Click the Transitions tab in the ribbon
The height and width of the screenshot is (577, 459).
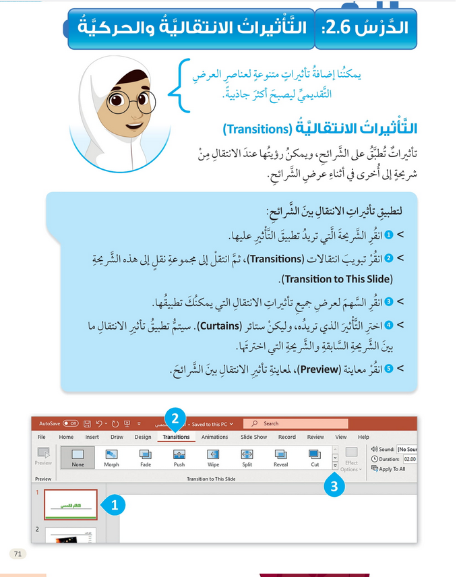[x=176, y=437]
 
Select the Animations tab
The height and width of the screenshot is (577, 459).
[x=215, y=437]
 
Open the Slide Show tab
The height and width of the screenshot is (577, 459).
[x=254, y=437]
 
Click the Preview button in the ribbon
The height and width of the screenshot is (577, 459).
[x=43, y=456]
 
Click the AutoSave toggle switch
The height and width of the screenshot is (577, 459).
[x=71, y=424]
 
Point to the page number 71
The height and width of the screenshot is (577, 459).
[x=18, y=554]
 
